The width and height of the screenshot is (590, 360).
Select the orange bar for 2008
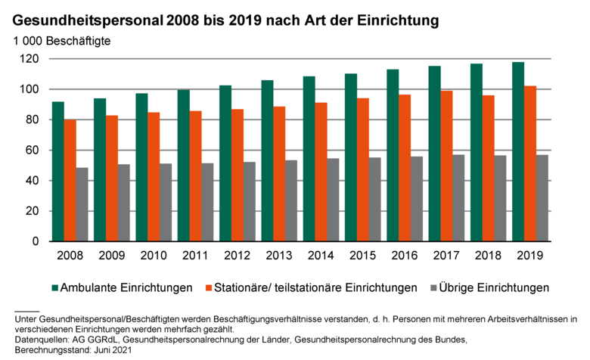(x=70, y=181)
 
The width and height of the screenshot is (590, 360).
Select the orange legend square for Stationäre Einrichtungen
(x=208, y=287)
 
